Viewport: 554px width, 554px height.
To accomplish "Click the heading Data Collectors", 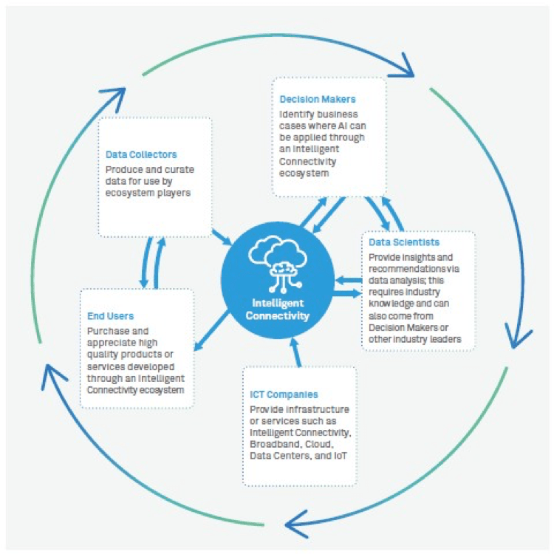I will [141, 155].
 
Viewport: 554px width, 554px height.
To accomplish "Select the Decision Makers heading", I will [318, 99].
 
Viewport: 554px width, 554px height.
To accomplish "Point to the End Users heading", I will [110, 316].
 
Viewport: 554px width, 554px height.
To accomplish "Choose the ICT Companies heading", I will [284, 395].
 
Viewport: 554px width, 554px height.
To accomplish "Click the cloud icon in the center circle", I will [278, 261].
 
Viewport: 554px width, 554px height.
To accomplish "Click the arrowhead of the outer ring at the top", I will [403, 72].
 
